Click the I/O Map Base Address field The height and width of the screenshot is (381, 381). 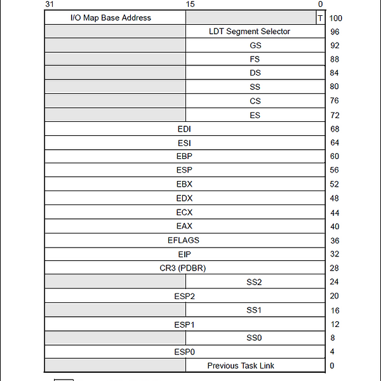click(x=110, y=18)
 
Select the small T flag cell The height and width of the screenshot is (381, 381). click(x=319, y=18)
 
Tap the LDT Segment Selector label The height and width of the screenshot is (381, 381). click(x=249, y=32)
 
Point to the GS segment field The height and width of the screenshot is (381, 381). click(x=255, y=46)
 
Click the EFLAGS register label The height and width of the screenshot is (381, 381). click(x=184, y=240)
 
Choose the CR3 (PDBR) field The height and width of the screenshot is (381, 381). click(x=183, y=268)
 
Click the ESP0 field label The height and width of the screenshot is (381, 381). click(x=184, y=352)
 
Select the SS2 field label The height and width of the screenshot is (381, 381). click(x=254, y=282)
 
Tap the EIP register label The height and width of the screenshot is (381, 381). click(x=184, y=254)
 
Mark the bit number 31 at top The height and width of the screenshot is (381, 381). click(x=50, y=4)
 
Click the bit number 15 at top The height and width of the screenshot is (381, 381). click(x=190, y=4)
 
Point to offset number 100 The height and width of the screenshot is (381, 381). click(x=335, y=18)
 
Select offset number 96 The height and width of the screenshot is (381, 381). click(x=335, y=32)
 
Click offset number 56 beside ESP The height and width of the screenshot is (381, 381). click(x=335, y=171)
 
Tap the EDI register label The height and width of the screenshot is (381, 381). click(x=184, y=129)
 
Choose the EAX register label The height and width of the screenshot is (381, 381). click(x=184, y=226)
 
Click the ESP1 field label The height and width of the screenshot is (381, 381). click(x=184, y=324)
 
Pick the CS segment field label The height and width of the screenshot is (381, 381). click(x=255, y=101)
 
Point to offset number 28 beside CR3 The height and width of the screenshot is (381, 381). click(x=335, y=269)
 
